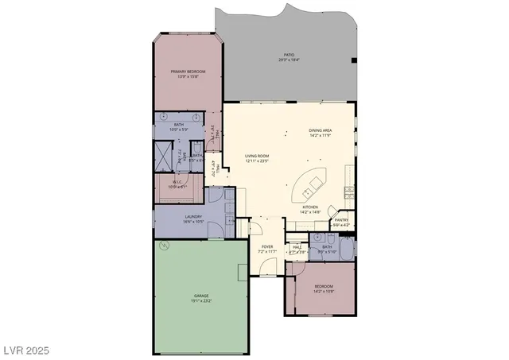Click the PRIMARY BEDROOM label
[188, 72]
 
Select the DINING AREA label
[320, 130]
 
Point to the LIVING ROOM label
[257, 156]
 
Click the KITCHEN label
[310, 207]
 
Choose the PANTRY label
[341, 220]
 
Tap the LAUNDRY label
[193, 216]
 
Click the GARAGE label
[200, 295]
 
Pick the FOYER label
[268, 246]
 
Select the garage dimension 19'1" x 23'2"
[200, 300]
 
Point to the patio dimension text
[288, 60]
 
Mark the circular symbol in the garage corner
[165, 246]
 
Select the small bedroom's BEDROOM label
[323, 286]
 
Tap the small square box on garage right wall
[243, 273]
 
